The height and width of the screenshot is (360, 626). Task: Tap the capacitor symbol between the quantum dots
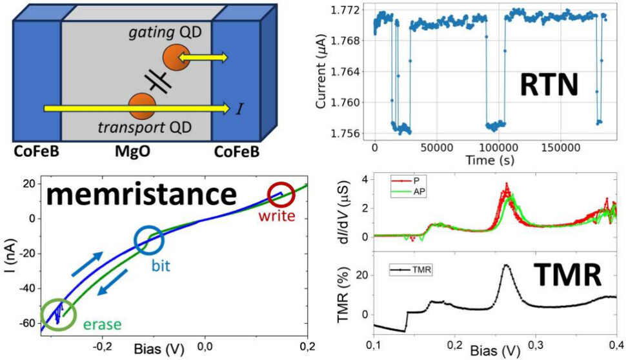[156, 81]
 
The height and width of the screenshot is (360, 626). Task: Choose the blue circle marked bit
[149, 240]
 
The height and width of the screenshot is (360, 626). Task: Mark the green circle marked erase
[59, 313]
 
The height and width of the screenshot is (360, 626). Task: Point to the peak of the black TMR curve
[505, 265]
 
